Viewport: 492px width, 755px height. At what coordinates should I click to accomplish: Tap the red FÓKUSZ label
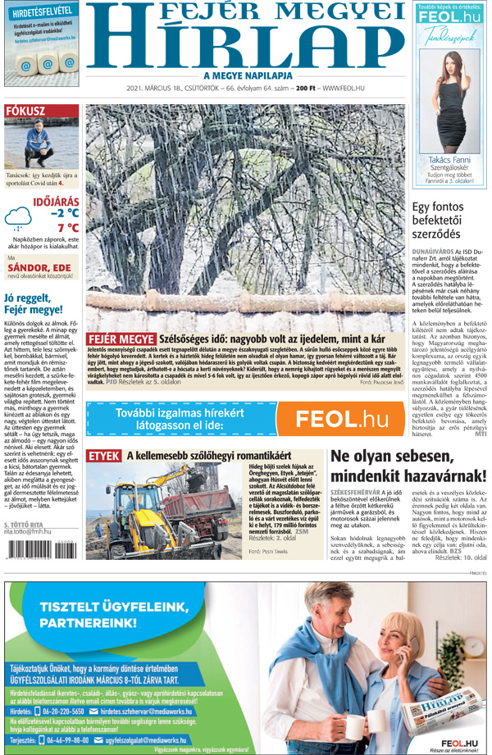tap(25, 111)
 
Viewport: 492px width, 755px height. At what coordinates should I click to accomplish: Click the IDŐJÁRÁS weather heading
tap(56, 201)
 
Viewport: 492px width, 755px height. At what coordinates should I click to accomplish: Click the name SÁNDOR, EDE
tap(39, 267)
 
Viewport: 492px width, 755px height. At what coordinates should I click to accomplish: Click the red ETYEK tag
tap(104, 454)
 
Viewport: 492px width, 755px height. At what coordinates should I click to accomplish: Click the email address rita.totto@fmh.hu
tap(28, 532)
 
